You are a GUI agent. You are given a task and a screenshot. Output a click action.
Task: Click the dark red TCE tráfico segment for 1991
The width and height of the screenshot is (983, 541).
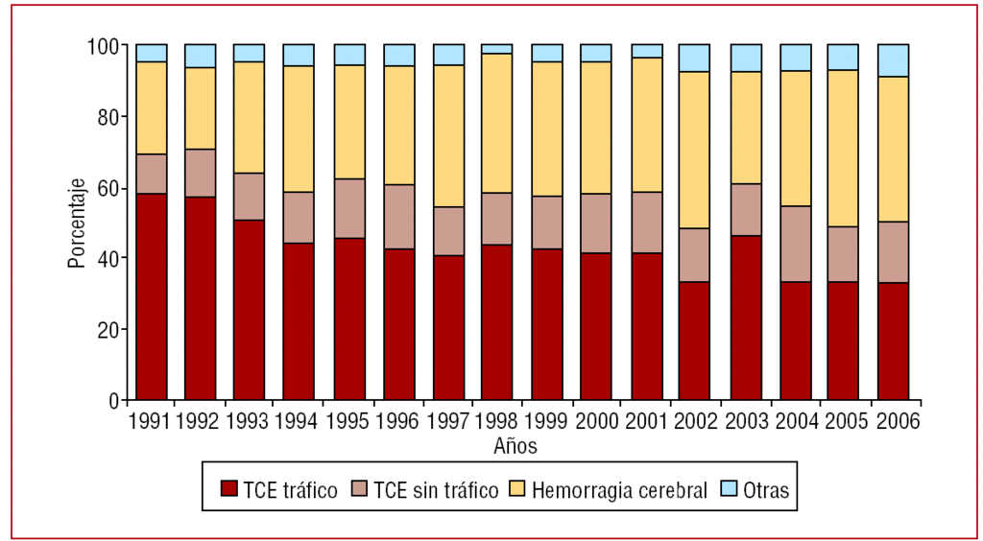[152, 296]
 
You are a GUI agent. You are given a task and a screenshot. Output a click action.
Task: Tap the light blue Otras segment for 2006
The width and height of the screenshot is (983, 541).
[893, 60]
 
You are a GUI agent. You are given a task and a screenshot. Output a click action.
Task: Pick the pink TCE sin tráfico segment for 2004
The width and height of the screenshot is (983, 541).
[794, 244]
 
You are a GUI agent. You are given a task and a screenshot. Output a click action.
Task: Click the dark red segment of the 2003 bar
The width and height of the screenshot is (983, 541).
[745, 318]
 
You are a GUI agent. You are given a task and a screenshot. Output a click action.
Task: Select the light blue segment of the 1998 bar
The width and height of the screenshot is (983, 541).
[496, 49]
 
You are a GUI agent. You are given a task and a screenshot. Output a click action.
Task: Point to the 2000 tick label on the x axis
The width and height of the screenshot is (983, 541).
[597, 421]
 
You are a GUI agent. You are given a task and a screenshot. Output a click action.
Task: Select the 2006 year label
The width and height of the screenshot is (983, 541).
[896, 421]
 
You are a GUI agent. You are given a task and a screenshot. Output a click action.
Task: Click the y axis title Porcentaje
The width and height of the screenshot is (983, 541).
[76, 223]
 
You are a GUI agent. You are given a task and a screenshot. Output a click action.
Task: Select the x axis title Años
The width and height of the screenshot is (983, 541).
[515, 446]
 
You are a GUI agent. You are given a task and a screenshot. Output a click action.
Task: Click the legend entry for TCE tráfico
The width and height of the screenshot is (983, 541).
[278, 491]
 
